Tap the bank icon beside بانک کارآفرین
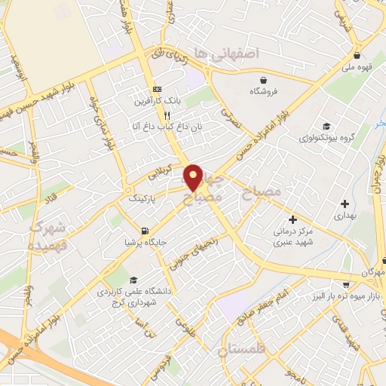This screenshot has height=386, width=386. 157,87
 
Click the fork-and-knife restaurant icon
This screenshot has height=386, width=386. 157,115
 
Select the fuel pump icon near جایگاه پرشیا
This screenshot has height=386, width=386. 144,231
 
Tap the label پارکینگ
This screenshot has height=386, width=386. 147,199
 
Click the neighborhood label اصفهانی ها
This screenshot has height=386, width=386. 225,53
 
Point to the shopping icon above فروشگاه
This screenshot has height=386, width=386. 263,79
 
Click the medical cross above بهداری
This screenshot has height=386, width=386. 345,203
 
